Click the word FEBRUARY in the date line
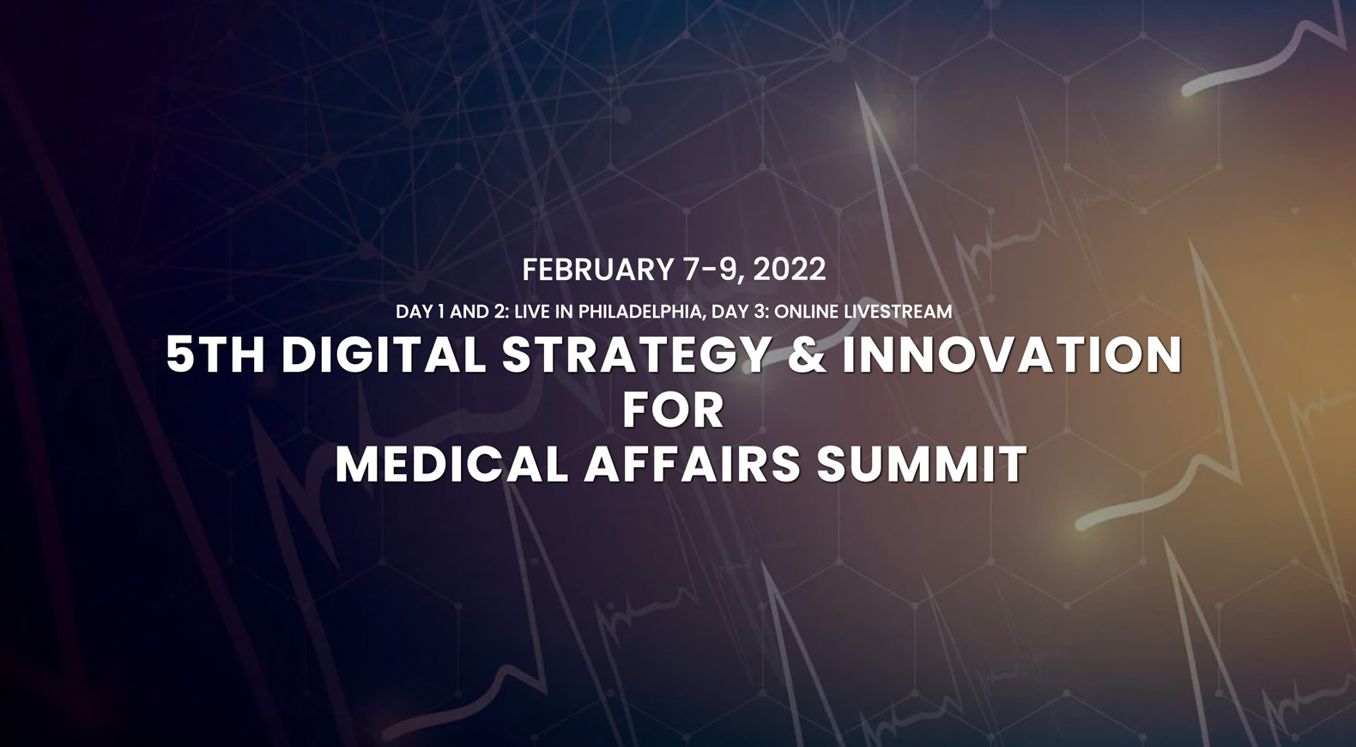[597, 270]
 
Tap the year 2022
[790, 270]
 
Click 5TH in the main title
[215, 355]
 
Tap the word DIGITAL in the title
[384, 355]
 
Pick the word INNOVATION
[1012, 355]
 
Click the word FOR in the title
[673, 410]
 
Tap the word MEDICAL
[451, 465]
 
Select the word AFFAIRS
[692, 465]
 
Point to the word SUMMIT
[922, 465]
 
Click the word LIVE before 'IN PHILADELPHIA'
[533, 312]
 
